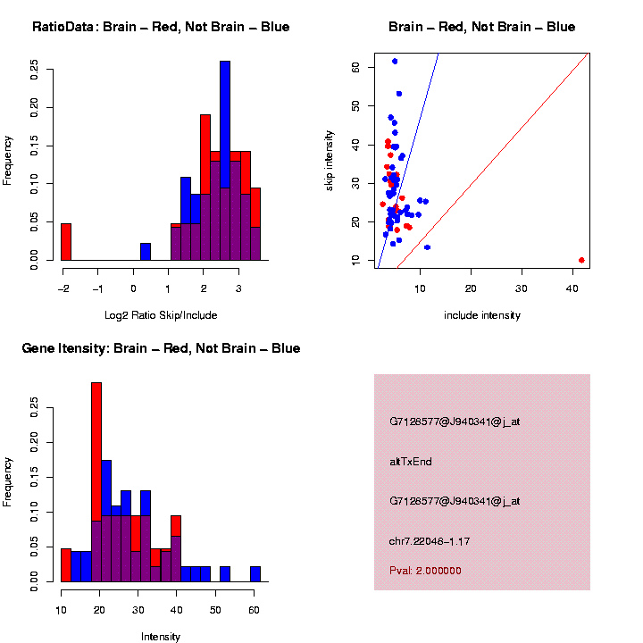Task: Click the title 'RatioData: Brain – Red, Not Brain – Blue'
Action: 161,27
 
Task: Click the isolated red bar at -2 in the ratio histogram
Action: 66,242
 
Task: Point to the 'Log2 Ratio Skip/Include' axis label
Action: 161,315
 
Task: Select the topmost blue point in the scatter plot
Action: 395,62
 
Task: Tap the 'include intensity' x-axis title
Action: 482,315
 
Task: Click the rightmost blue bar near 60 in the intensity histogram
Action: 255,574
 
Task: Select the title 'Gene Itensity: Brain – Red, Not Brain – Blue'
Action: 161,348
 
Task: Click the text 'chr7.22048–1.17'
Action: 430,540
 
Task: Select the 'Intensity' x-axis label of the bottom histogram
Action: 161,637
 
